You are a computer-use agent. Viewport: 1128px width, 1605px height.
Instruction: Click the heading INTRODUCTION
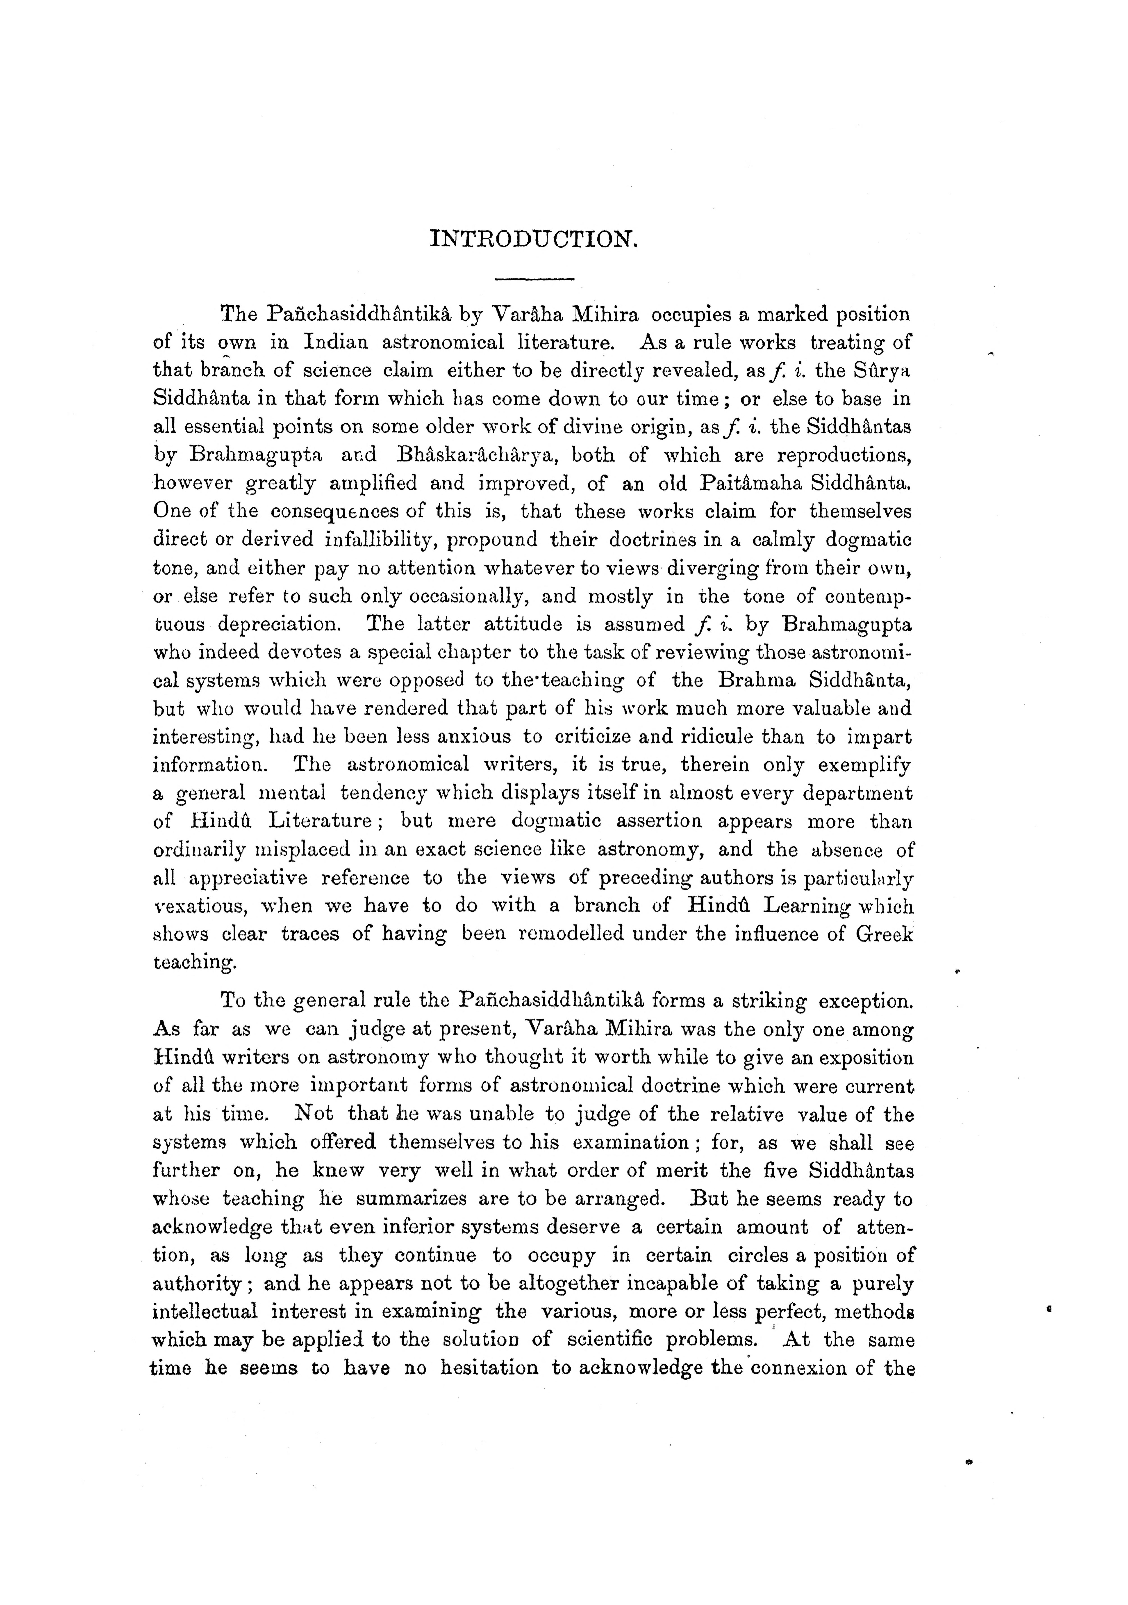(535, 240)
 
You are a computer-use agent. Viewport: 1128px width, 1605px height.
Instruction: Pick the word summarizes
(412, 1199)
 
